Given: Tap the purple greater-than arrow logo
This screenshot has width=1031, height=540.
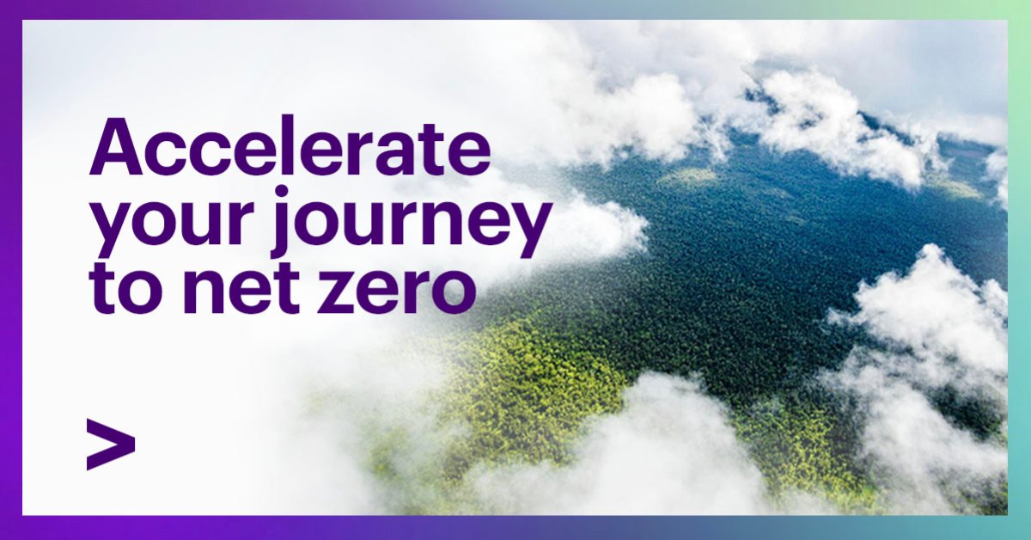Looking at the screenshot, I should pyautogui.click(x=110, y=444).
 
